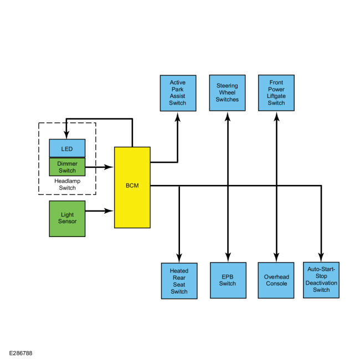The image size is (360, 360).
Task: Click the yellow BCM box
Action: [x=132, y=187]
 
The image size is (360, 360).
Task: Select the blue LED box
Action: [x=67, y=148]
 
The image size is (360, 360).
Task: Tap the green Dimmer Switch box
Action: [x=67, y=167]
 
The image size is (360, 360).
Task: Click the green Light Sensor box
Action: [x=67, y=219]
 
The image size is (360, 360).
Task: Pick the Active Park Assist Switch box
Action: [x=178, y=93]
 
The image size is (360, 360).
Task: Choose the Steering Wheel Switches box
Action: [x=227, y=92]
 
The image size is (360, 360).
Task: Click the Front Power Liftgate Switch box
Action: [x=276, y=92]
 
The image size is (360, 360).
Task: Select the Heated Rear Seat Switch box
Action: [x=179, y=281]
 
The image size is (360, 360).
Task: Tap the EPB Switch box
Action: [x=228, y=280]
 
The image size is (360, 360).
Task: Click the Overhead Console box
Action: [x=276, y=280]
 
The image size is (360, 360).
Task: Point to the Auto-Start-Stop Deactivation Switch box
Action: [x=321, y=280]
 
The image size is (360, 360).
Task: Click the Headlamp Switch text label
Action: [x=67, y=184]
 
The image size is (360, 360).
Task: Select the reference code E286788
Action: [x=20, y=353]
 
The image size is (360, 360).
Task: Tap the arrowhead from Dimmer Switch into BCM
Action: [x=109, y=167]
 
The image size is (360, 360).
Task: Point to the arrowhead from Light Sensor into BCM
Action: [x=109, y=210]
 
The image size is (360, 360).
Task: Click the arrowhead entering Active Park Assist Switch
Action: [x=178, y=116]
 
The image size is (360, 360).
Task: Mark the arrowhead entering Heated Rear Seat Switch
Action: [x=179, y=258]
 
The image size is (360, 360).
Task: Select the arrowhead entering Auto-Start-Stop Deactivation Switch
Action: [x=321, y=258]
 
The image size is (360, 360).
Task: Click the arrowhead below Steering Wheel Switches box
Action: [x=228, y=116]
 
